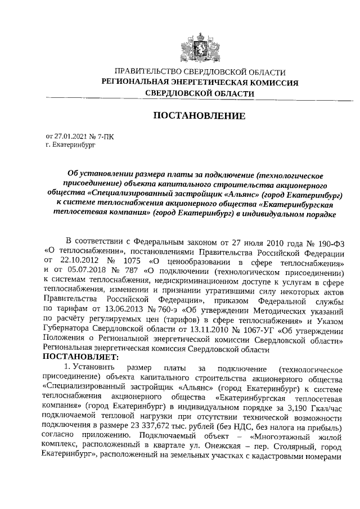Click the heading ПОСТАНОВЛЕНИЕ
pos(200,116)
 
